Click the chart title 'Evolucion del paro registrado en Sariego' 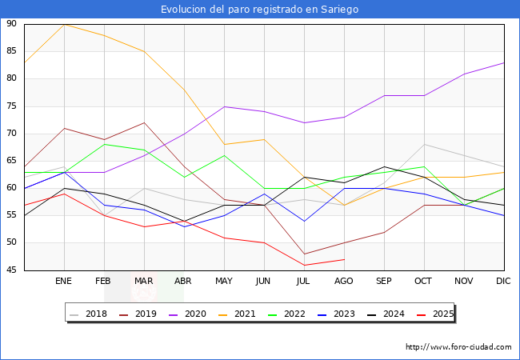pos(259,10)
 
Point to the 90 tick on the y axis pos(11,24)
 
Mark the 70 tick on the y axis pos(11,134)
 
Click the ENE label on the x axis pos(64,282)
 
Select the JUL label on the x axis pos(304,282)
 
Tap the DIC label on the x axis pos(503,282)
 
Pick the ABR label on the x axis pos(184,282)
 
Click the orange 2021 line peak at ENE pos(64,24)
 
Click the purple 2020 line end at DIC pos(504,62)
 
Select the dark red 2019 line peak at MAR pos(144,122)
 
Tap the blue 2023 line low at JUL pos(304,221)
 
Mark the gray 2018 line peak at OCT pos(424,145)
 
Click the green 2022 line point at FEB pos(104,144)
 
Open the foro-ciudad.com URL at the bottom pos(458,347)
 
